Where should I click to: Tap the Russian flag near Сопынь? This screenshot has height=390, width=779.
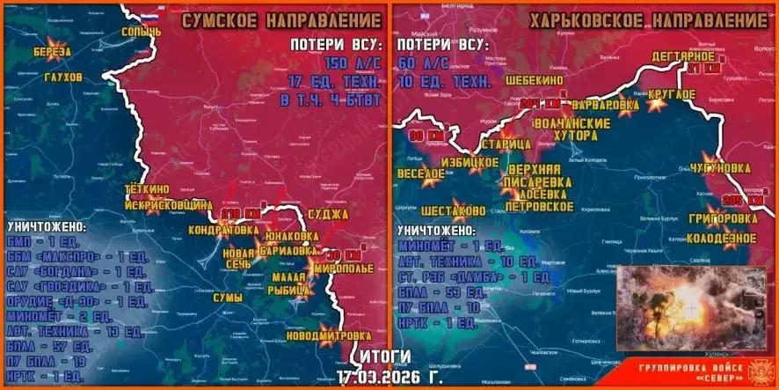[149, 17]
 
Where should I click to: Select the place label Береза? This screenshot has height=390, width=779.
[53, 53]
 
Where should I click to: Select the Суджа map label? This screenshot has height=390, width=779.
[331, 214]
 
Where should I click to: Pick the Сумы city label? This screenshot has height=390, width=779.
[229, 298]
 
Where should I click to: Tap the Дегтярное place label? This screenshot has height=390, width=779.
[682, 56]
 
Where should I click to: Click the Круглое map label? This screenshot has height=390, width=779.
[672, 94]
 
